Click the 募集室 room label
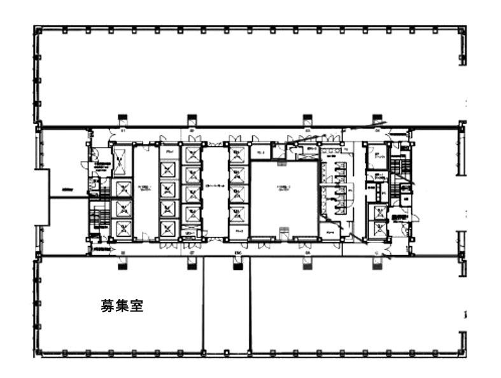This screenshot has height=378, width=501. pos(122,307)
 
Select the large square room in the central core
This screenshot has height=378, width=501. pos(283,199)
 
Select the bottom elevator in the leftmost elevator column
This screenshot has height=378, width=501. pos(121,228)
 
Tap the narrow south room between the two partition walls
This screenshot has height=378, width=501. pos(226,305)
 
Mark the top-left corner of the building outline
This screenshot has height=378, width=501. pos(34,26)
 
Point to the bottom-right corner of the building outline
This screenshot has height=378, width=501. pos(465,355)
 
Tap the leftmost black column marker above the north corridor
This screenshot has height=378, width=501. pos(122,118)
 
